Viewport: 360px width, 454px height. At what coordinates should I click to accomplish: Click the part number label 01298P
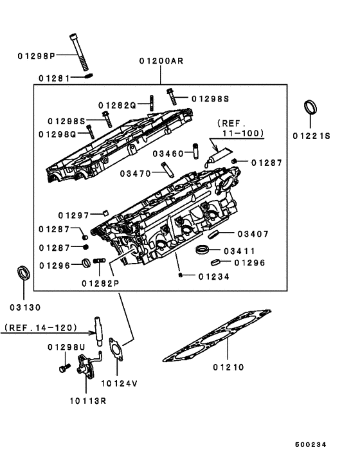[36, 55]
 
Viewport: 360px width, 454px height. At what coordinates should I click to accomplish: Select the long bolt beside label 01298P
[79, 53]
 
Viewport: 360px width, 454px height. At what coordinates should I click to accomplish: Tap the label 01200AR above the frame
[161, 61]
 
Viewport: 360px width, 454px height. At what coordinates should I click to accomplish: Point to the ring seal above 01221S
[310, 107]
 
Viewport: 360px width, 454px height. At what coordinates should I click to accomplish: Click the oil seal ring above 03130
[23, 273]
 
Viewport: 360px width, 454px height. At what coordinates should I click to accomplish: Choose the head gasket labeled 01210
[217, 336]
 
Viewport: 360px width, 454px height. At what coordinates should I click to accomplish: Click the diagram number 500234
[310, 444]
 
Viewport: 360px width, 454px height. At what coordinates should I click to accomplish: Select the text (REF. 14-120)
[40, 327]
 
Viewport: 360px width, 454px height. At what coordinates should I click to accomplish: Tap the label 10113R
[88, 401]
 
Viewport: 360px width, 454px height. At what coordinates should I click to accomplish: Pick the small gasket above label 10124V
[116, 349]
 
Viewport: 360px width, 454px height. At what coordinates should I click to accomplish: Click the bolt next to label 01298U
[65, 368]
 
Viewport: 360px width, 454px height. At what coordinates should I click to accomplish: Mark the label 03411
[240, 251]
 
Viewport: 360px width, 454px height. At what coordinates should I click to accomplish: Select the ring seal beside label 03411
[203, 250]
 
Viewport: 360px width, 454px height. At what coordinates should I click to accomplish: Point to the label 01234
[214, 277]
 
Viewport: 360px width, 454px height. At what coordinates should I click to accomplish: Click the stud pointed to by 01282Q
[151, 103]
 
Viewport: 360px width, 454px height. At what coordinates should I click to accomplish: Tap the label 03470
[136, 174]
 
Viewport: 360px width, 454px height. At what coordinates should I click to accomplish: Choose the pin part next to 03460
[196, 151]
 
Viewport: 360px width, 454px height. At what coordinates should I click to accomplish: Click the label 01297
[73, 215]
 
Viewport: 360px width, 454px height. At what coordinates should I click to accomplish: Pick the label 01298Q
[57, 134]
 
